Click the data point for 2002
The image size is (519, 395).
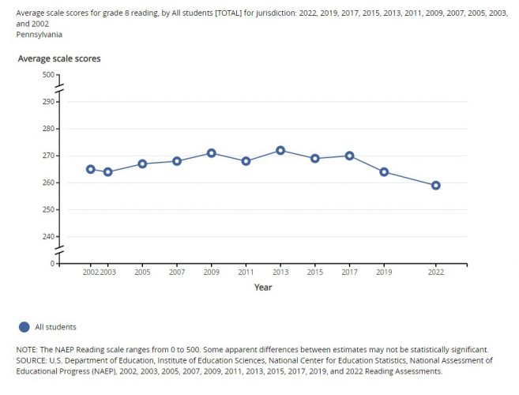91,169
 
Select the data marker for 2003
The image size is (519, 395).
108,172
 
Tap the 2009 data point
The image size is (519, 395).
212,153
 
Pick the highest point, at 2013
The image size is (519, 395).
280,150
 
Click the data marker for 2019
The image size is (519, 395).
384,172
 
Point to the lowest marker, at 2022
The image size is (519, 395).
435,186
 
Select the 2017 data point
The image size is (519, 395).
349,156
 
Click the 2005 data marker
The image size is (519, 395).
142,164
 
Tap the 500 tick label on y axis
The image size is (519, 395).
47,75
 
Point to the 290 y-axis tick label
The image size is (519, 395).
47,102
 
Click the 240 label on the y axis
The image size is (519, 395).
47,237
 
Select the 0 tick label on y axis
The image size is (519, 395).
51,264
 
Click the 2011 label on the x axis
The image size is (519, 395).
246,273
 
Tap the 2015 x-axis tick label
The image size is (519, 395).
314,273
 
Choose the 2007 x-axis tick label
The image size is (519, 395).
177,273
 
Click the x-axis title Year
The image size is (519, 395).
263,288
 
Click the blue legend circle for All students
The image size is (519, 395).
24,326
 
